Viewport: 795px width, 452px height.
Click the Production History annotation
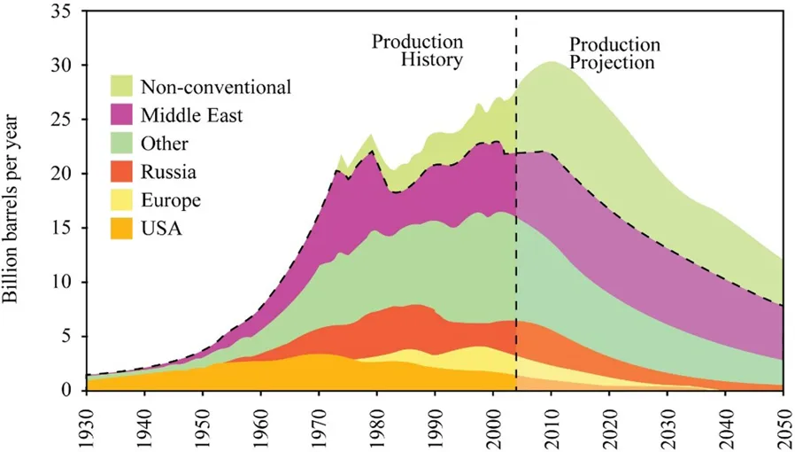tap(417, 51)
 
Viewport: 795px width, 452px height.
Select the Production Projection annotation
tap(613, 53)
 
